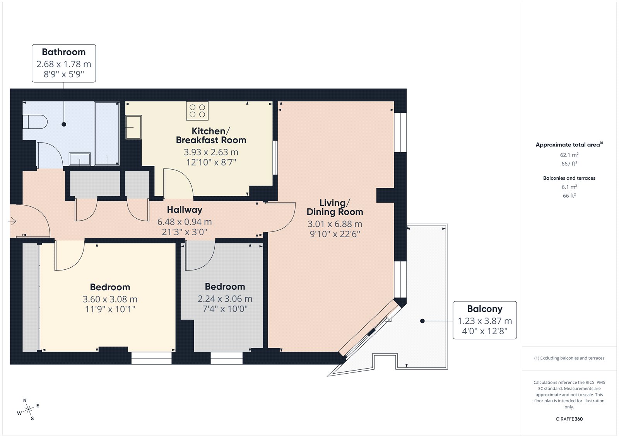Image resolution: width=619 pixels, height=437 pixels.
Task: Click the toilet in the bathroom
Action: coord(35,122)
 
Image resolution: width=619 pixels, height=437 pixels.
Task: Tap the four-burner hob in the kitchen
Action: coord(197,111)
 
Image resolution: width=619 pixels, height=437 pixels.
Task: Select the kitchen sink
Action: coord(133,127)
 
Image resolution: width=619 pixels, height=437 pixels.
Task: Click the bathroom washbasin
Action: coord(80,159)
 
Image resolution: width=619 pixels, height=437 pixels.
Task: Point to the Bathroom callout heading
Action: coord(64,52)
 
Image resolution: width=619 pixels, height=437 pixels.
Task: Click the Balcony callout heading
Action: coord(485,309)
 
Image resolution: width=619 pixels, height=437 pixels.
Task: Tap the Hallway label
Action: coord(185,210)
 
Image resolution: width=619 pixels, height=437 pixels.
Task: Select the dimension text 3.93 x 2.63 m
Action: coord(211,152)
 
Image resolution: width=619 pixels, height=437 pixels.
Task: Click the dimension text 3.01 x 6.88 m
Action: coord(335,224)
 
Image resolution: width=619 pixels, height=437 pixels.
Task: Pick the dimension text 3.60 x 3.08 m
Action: coord(110,299)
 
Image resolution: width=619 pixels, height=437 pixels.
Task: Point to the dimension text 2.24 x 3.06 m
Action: coord(225,299)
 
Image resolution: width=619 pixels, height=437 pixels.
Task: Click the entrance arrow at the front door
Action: coord(12,221)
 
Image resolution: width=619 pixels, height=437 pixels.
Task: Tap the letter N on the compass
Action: coord(25,400)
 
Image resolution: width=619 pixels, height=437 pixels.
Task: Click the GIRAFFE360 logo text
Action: coord(569,419)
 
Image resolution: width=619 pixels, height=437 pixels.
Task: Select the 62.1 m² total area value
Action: coord(569,155)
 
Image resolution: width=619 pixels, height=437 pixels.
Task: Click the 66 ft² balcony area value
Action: coord(569,196)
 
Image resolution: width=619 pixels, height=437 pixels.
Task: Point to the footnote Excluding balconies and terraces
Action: coord(569,358)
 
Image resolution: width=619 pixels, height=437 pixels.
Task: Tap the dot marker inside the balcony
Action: coord(422,321)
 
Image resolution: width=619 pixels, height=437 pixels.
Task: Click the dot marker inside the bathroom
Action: coord(64,124)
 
